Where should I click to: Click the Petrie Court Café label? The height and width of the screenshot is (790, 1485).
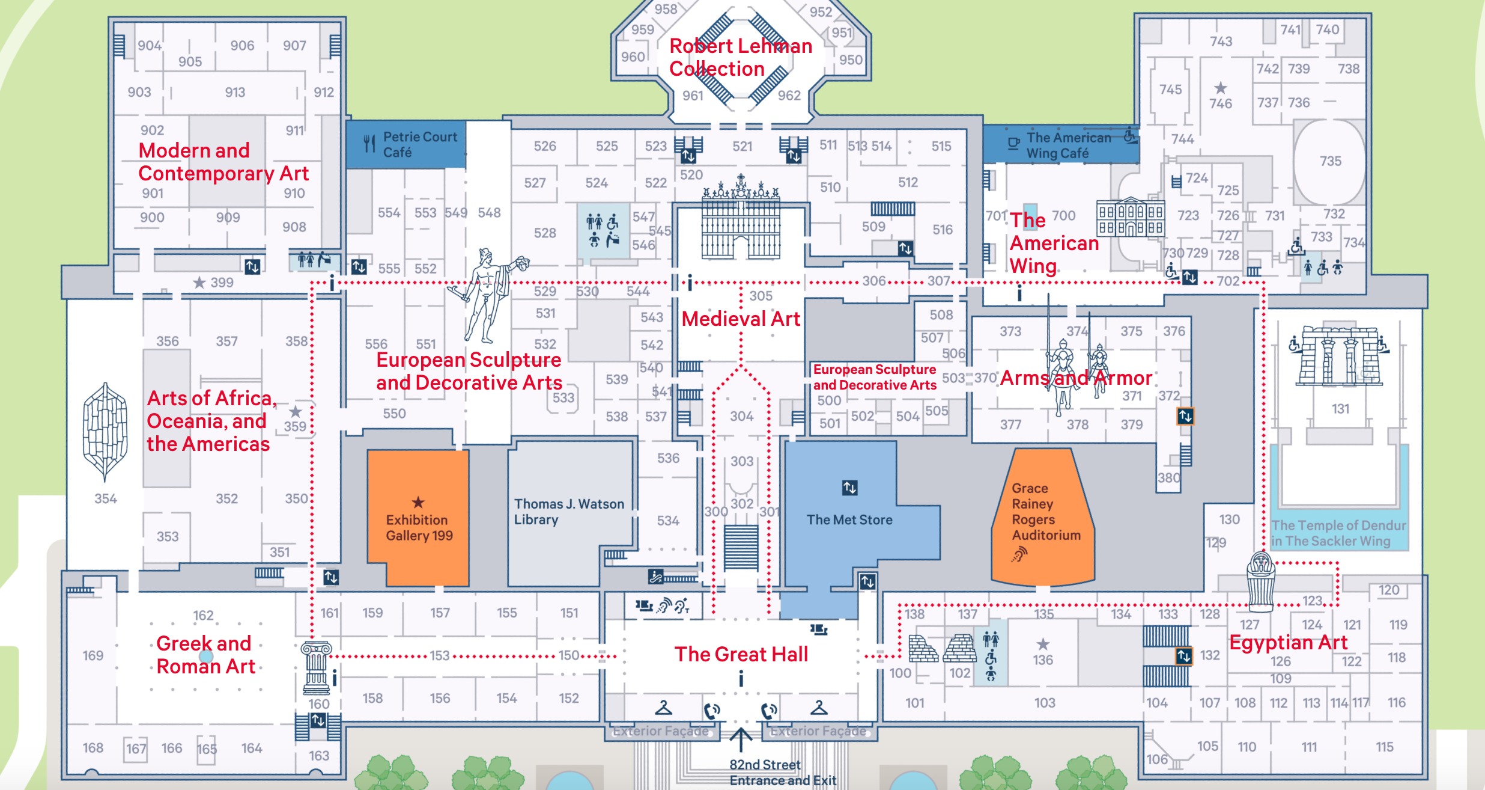(420, 144)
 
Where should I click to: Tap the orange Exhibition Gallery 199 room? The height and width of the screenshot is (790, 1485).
(418, 518)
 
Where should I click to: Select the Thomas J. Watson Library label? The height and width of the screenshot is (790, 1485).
(569, 512)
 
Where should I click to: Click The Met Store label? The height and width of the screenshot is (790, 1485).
(849, 519)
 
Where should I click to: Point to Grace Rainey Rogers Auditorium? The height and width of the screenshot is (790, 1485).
(1045, 512)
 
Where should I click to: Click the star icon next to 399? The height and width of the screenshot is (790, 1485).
(199, 283)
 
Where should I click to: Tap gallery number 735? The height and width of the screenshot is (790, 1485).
(1331, 161)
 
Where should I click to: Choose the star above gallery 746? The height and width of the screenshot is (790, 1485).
(1221, 88)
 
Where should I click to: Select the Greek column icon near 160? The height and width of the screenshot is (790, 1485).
(317, 668)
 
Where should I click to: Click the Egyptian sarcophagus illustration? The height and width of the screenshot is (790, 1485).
(1261, 581)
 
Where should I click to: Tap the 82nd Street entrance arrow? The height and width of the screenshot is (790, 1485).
(741, 740)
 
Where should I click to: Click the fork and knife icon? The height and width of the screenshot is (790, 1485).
(369, 144)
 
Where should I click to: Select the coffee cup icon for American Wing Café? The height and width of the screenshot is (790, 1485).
(1014, 144)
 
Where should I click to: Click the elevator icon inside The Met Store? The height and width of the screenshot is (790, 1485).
(849, 488)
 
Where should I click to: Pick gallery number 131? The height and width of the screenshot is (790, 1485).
(1340, 409)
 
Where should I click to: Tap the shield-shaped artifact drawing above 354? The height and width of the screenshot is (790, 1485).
(106, 432)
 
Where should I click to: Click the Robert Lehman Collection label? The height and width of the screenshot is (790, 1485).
(741, 57)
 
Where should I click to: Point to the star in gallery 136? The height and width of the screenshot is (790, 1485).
(1043, 644)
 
